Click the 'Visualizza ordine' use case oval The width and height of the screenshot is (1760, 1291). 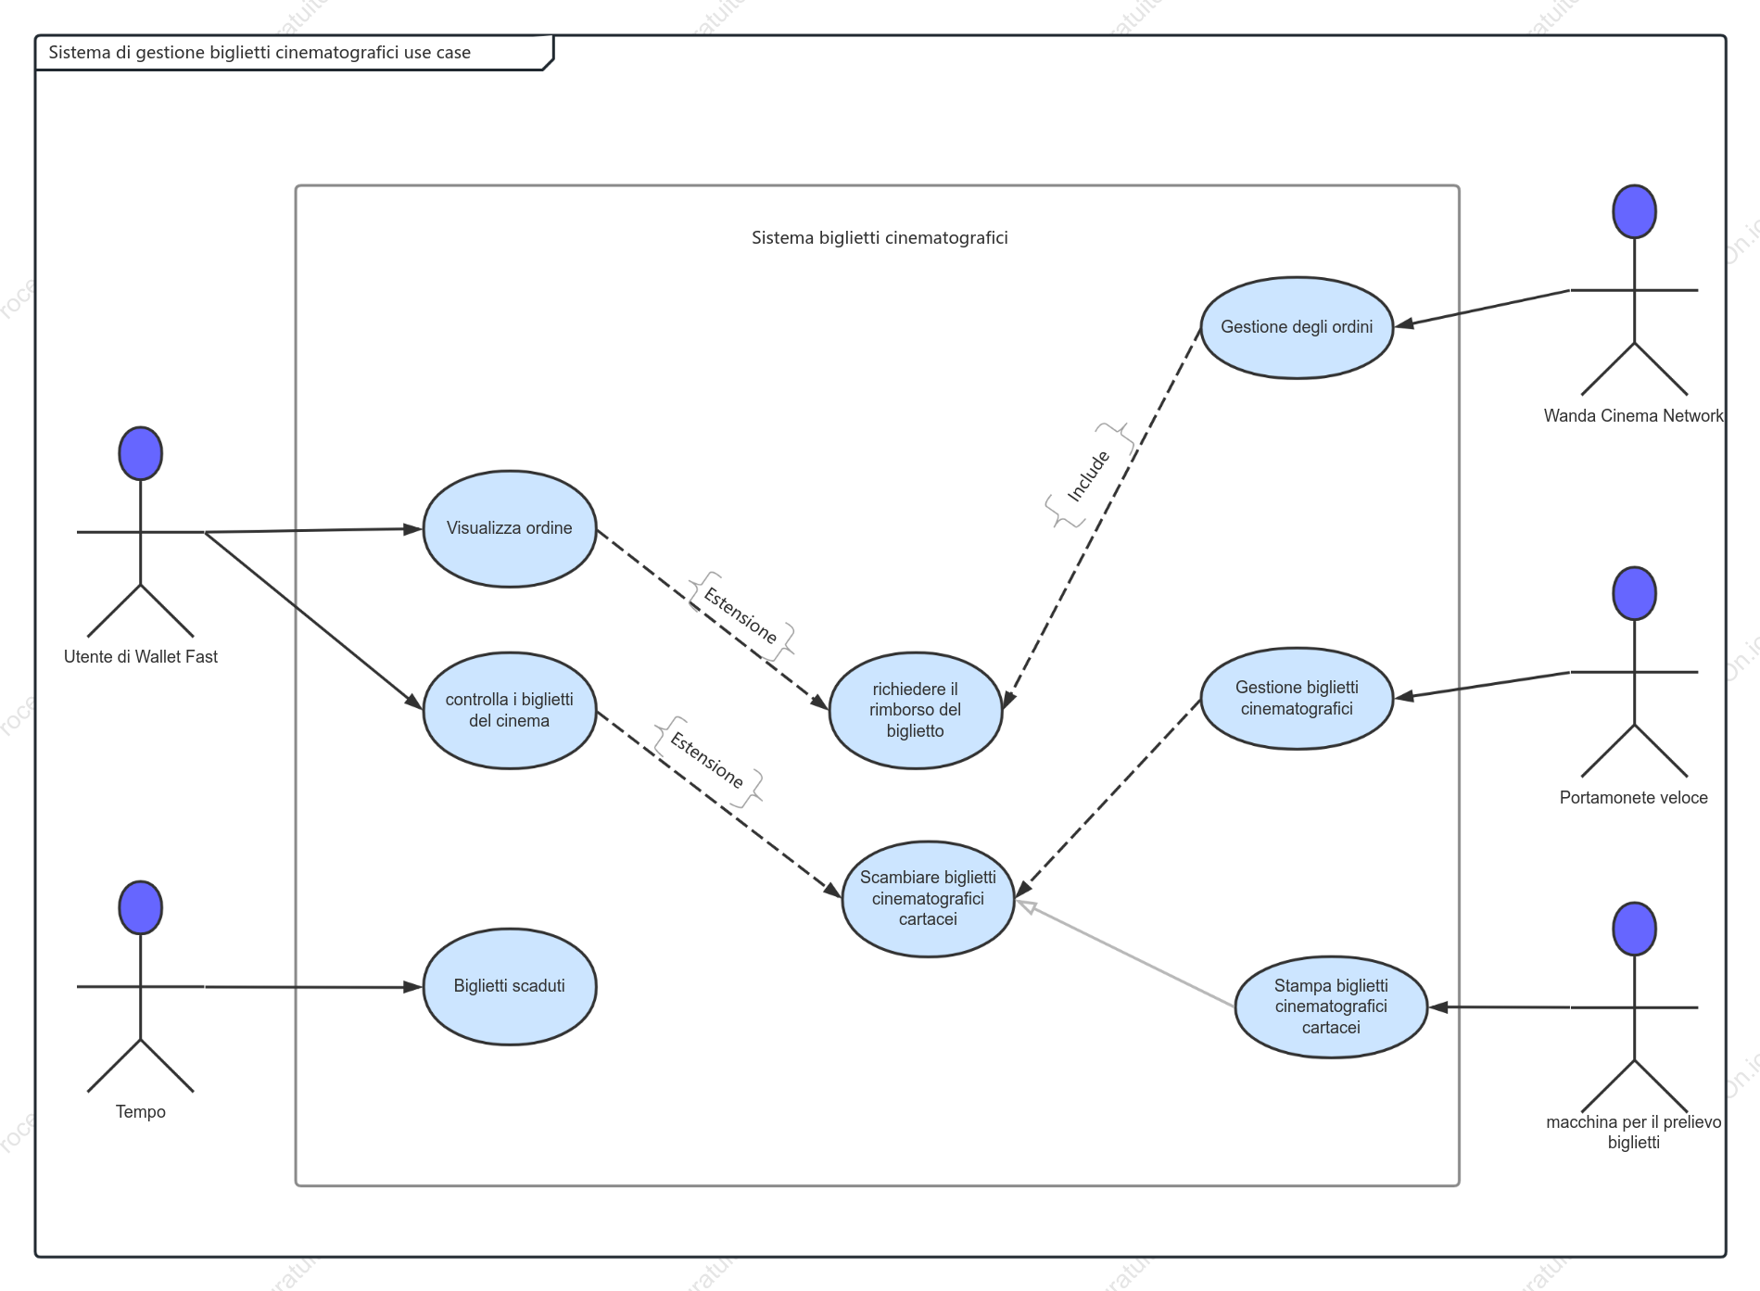[x=510, y=528]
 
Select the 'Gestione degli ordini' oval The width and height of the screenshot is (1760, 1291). [x=1297, y=327]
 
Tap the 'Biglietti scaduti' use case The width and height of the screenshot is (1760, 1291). [x=510, y=986]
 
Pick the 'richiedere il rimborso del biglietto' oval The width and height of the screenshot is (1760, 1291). [x=916, y=710]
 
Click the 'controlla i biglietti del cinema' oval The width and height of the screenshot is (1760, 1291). [x=510, y=710]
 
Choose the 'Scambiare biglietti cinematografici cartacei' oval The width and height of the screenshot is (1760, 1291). [x=928, y=898]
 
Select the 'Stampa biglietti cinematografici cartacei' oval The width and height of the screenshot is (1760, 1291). [x=1331, y=1006]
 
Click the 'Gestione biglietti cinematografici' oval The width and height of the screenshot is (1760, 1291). [x=1297, y=698]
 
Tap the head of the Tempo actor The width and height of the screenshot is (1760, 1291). [x=141, y=907]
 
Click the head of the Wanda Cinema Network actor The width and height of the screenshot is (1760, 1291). [x=1634, y=211]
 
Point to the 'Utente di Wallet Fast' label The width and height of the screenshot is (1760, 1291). [x=141, y=656]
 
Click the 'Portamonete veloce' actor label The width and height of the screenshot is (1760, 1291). [x=1634, y=797]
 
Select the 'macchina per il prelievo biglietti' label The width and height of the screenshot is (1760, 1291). [x=1634, y=1132]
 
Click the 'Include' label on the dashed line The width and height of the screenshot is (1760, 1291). [x=1088, y=476]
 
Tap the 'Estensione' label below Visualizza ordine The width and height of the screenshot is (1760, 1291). [x=741, y=615]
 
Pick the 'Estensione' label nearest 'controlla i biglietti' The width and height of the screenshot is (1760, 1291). [x=707, y=760]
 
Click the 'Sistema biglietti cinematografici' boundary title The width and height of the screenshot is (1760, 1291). [x=880, y=237]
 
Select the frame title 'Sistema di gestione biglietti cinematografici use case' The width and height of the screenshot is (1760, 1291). [x=260, y=52]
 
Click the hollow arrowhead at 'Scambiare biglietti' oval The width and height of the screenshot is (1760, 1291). [x=1025, y=905]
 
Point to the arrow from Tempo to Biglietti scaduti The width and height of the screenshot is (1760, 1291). [x=313, y=987]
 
